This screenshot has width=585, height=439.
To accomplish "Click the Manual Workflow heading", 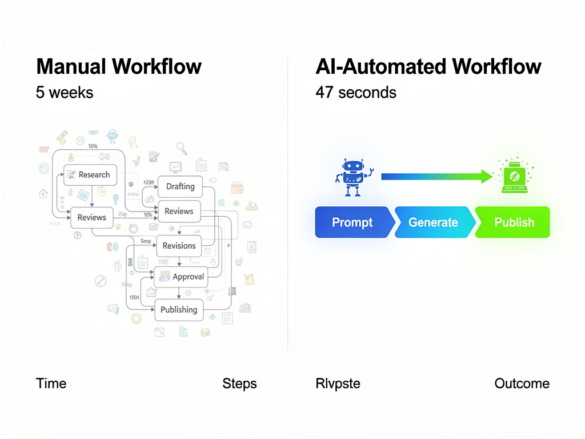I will tap(119, 66).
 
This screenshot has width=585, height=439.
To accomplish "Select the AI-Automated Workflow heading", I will tap(428, 66).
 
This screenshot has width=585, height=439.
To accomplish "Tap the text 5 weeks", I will tap(65, 93).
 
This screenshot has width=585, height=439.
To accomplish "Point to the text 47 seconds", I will tap(355, 93).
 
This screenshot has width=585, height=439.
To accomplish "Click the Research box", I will tap(90, 175).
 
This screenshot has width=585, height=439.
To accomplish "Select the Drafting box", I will tap(180, 186).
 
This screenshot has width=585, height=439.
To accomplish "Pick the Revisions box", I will tap(179, 246).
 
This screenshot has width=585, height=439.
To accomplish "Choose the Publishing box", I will tap(178, 310).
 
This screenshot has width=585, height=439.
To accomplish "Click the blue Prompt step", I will tap(352, 222).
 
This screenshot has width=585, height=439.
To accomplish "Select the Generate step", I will tap(433, 222).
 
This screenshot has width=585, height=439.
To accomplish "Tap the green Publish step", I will tap(514, 222).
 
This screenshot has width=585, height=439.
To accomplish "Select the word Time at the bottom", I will tap(51, 384).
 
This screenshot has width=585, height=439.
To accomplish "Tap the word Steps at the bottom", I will tap(239, 384).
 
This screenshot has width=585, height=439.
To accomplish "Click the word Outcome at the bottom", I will tap(522, 384).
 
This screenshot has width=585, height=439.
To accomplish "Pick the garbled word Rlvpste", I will tap(338, 384).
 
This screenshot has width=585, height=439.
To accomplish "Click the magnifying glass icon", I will tap(182, 148).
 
